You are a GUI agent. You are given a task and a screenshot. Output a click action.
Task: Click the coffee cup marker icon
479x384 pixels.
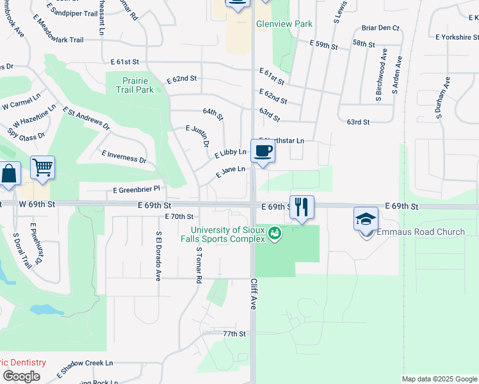(263, 152)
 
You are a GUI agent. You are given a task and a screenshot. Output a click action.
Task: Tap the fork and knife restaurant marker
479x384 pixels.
(302, 207)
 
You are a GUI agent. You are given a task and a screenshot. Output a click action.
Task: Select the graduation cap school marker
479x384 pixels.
(366, 219)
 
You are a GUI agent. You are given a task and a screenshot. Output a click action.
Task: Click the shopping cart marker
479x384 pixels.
(42, 168)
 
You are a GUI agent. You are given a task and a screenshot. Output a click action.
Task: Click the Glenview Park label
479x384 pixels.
(284, 24)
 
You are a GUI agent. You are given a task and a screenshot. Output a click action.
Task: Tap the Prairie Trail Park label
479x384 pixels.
(134, 85)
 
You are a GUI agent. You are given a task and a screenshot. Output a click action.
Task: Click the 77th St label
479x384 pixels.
(234, 334)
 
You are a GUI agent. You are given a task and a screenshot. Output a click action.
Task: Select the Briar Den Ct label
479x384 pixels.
(380, 28)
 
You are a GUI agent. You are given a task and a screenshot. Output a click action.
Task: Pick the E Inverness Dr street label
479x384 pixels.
(124, 157)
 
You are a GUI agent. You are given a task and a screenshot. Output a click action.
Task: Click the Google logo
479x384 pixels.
(21, 376)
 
